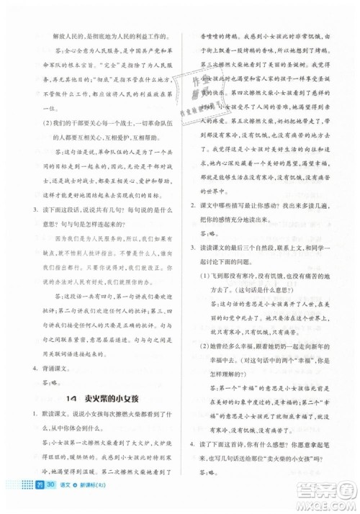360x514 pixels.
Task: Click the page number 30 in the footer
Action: (51, 487)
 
